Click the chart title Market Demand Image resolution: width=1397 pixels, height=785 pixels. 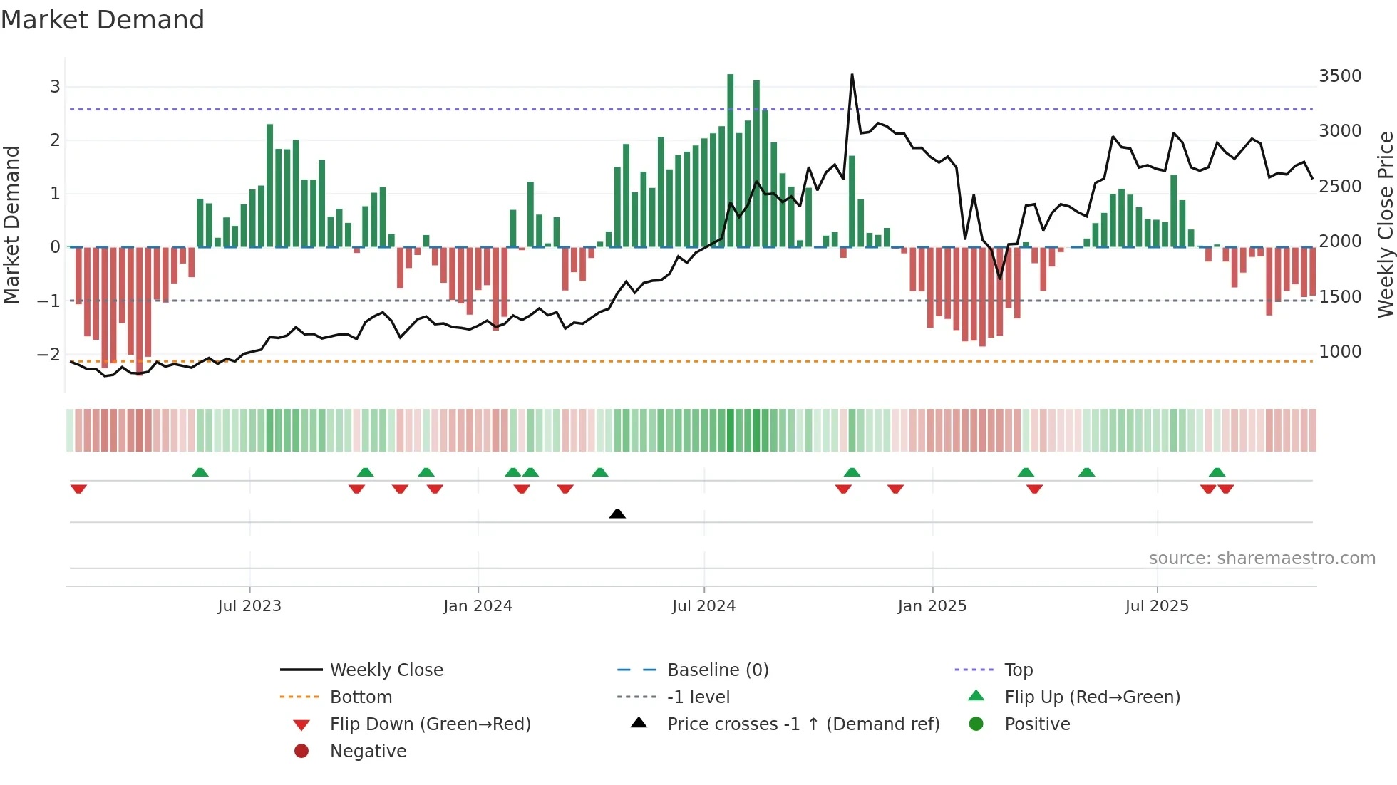(x=103, y=20)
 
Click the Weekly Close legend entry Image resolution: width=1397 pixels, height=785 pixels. (x=386, y=670)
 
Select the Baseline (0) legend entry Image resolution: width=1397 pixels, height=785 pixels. (x=717, y=670)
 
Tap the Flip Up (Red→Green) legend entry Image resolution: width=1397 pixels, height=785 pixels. (x=1091, y=697)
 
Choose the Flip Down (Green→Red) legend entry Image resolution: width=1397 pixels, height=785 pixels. (x=430, y=724)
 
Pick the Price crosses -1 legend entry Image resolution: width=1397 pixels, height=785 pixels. (x=803, y=724)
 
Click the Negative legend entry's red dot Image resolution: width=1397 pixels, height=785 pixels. (x=301, y=751)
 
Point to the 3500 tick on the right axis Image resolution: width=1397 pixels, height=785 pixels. (x=1340, y=76)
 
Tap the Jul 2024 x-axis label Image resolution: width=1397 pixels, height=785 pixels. (x=703, y=606)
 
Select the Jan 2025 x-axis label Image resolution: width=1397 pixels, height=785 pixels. (x=932, y=606)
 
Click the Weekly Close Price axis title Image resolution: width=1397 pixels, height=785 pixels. (x=1385, y=224)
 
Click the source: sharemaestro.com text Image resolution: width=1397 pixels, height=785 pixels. (x=1262, y=558)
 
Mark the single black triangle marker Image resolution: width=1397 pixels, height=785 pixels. (x=617, y=514)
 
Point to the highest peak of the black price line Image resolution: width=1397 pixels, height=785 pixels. (x=852, y=75)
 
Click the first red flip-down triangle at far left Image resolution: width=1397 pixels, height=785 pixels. (x=78, y=489)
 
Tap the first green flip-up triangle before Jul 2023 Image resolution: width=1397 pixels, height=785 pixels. (x=200, y=472)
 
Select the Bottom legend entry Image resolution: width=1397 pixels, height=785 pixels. (x=360, y=697)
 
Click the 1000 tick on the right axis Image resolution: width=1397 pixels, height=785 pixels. (x=1340, y=352)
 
